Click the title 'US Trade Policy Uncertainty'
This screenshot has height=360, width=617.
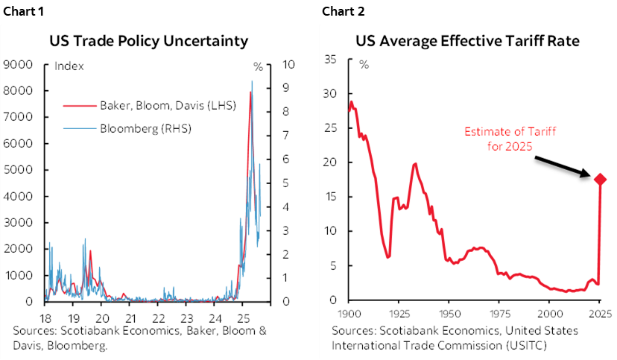[x=149, y=40]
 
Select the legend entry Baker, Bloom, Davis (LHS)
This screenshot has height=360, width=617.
[x=167, y=105]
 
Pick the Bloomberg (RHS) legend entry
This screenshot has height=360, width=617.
[x=145, y=128]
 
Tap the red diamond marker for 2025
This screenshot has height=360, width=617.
[x=600, y=179]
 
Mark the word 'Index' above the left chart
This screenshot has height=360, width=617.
[x=69, y=66]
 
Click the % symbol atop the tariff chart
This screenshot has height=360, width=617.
[x=364, y=64]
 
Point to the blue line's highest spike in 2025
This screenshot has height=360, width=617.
[x=252, y=81]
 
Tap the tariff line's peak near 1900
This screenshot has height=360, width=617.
[x=351, y=101]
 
